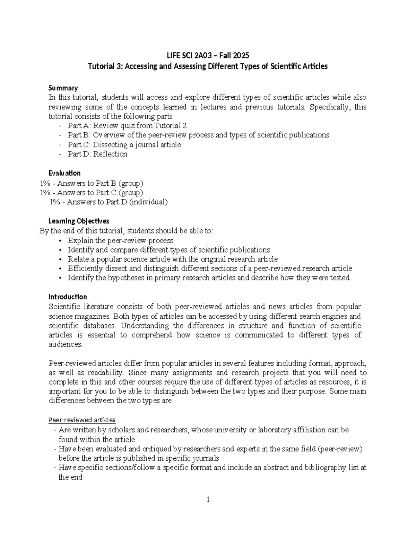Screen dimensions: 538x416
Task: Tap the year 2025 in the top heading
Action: pyautogui.click(x=241, y=55)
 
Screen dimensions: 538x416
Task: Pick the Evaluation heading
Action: pyautogui.click(x=64, y=173)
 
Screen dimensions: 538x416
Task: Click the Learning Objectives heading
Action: pyautogui.click(x=79, y=221)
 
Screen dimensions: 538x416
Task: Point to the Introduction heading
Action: pyautogui.click(x=68, y=297)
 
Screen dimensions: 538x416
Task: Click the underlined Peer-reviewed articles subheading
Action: pyautogui.click(x=82, y=420)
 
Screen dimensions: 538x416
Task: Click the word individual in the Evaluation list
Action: pyautogui.click(x=148, y=202)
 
